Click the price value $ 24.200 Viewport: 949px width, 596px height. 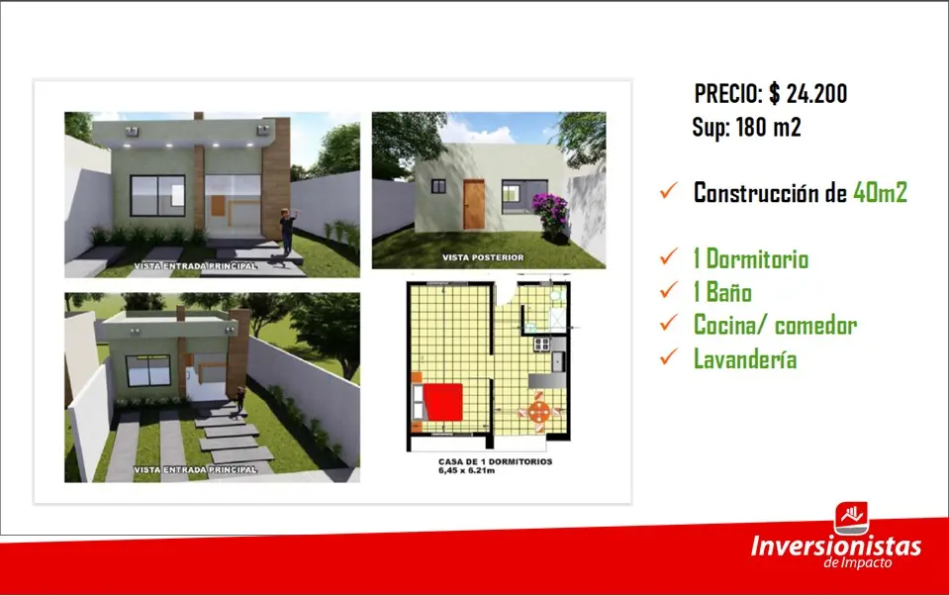point(807,93)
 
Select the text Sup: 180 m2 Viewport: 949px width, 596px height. point(747,127)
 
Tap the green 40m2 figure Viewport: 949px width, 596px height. point(880,193)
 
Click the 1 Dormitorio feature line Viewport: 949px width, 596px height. point(751,259)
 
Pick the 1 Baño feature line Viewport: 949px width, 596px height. point(722,292)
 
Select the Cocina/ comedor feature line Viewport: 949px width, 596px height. point(775,326)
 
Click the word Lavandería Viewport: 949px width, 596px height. point(745,359)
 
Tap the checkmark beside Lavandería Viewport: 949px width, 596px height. point(669,356)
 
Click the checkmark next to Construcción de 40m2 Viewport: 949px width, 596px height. point(669,190)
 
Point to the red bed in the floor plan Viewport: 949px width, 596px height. point(442,401)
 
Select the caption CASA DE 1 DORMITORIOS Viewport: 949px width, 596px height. point(495,461)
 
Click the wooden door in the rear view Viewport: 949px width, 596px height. point(474,205)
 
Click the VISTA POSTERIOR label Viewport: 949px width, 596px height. point(483,257)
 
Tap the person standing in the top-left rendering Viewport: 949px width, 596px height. point(288,232)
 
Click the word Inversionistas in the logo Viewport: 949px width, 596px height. point(836,546)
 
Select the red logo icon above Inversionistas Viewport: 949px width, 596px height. point(852,519)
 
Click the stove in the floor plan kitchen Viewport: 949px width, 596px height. point(541,345)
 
